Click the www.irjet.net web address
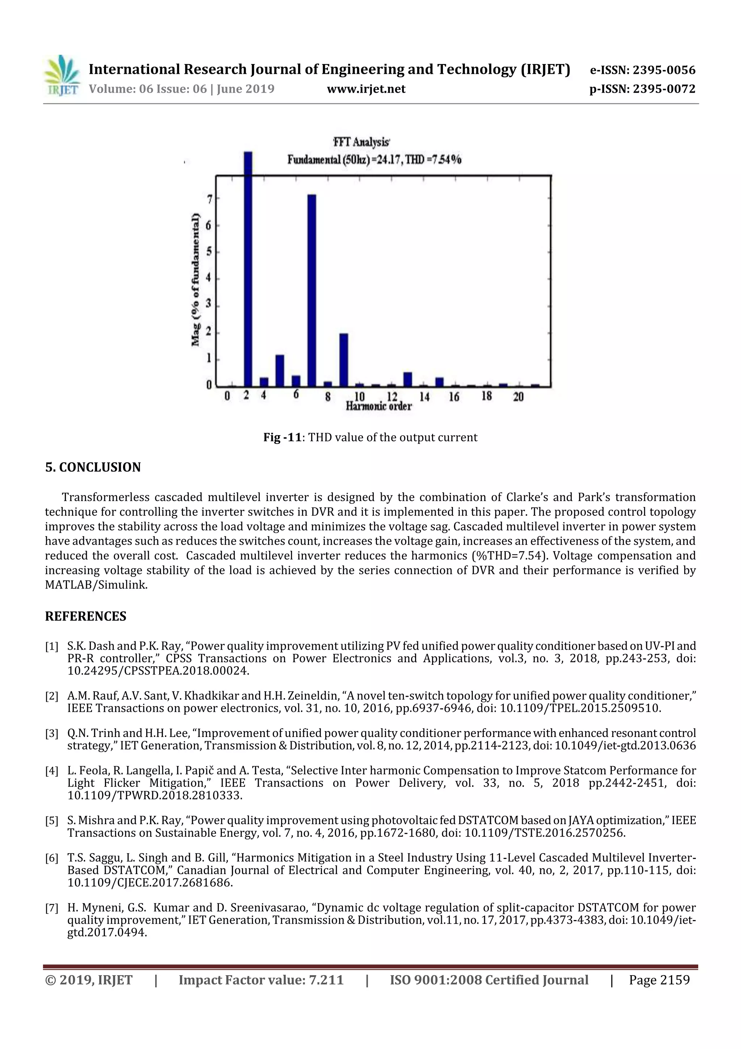[x=366, y=89]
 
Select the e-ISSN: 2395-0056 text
[x=642, y=70]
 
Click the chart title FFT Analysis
[x=361, y=142]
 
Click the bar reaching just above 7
[x=312, y=290]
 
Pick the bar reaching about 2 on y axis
[x=343, y=360]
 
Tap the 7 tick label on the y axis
[x=209, y=199]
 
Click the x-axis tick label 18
[x=486, y=396]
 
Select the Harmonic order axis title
[x=378, y=406]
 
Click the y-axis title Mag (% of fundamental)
[x=195, y=279]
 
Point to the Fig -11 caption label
[x=282, y=437]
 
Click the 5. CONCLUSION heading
[x=93, y=467]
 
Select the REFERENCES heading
[x=85, y=616]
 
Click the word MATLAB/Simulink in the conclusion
[x=96, y=585]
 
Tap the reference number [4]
[x=52, y=771]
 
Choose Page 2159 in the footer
[x=659, y=979]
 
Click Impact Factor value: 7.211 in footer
[x=261, y=979]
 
